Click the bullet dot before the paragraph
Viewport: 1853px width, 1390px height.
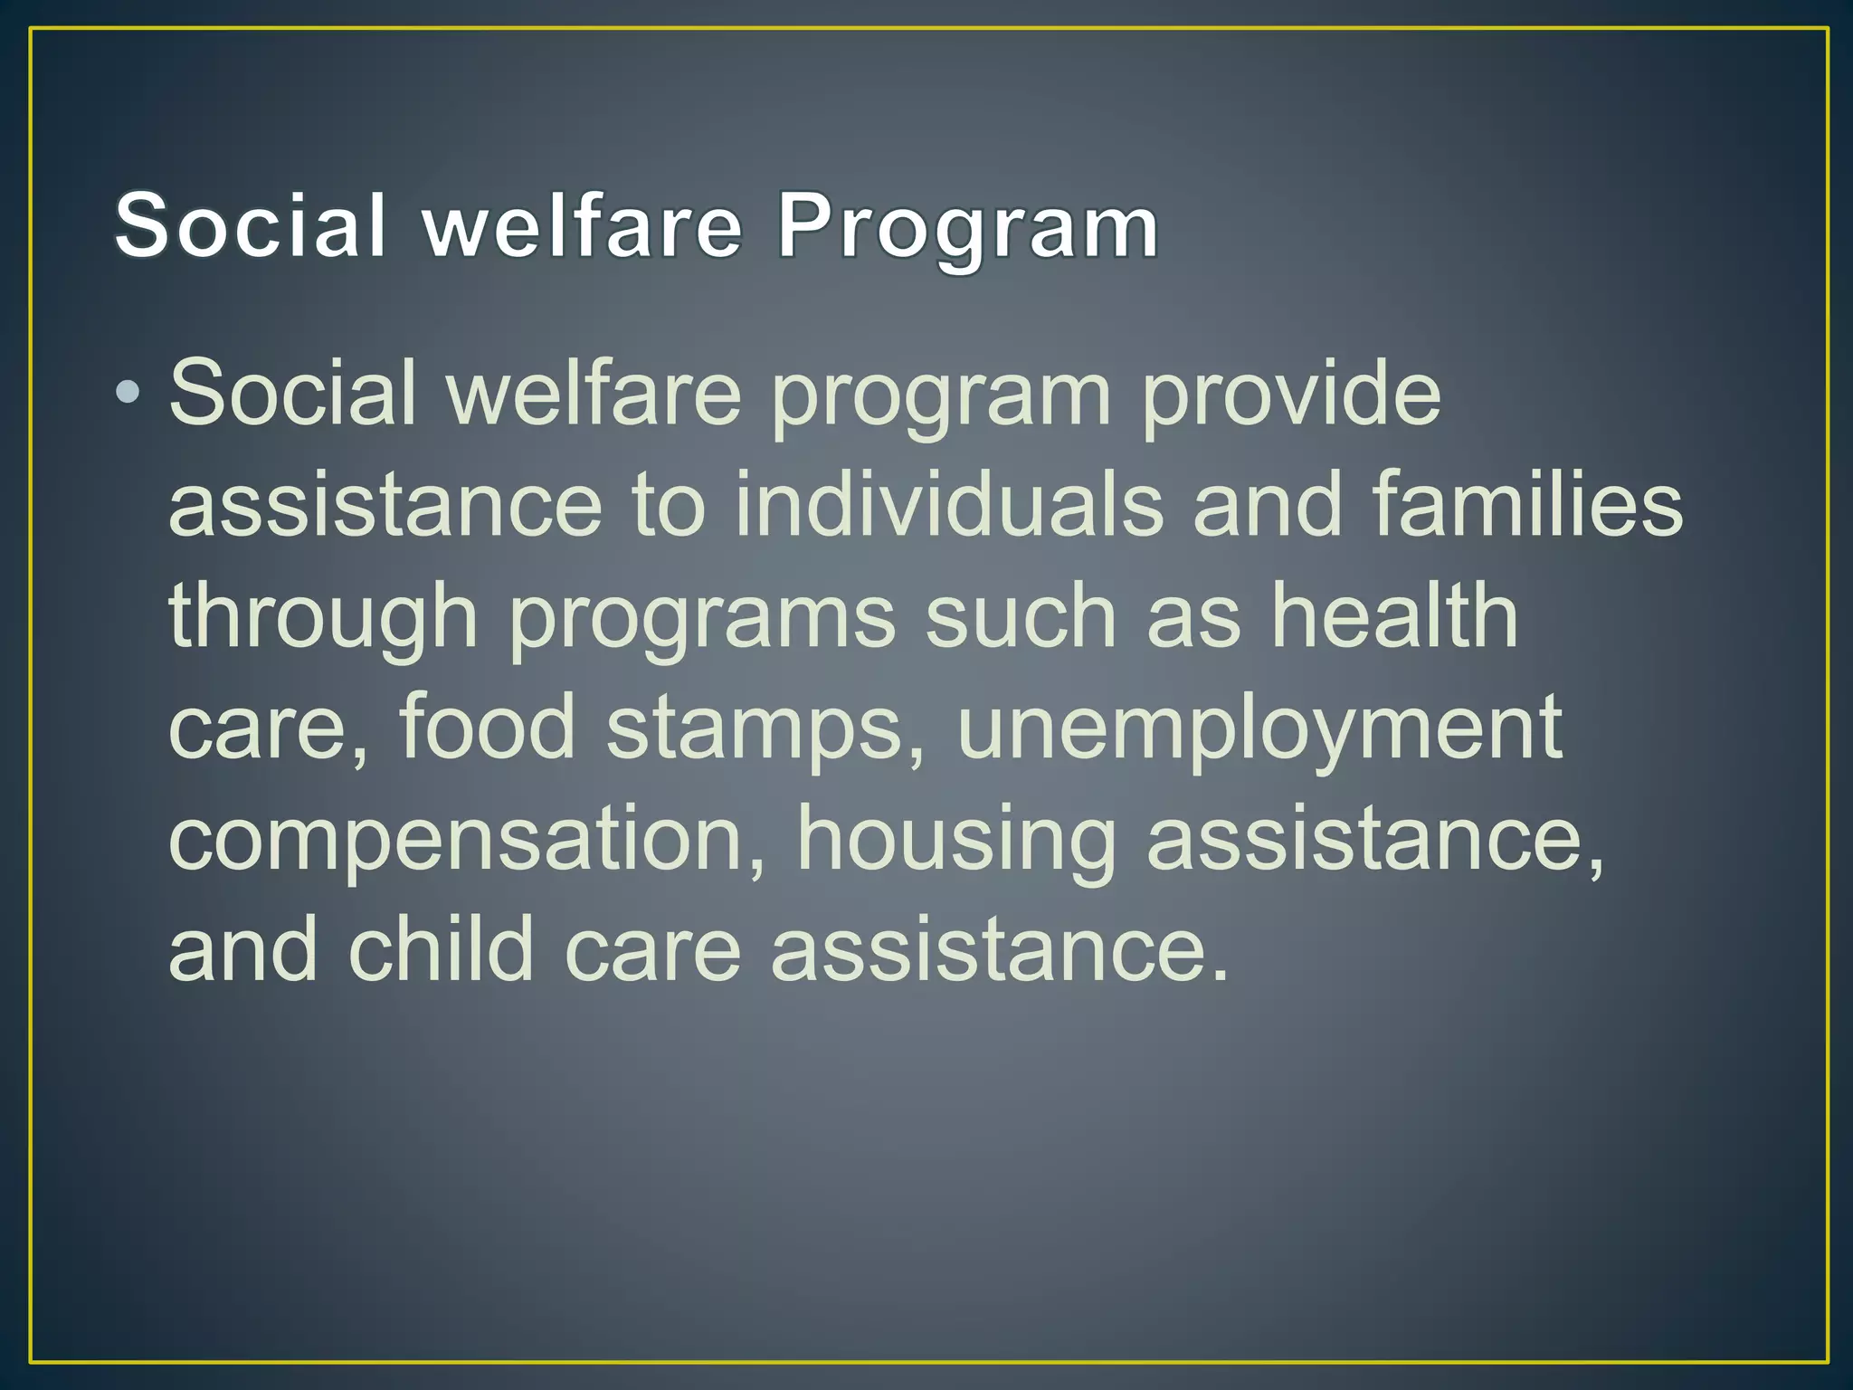tap(128, 393)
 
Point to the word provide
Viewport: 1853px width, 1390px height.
tap(1290, 393)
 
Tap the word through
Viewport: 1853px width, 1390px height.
tap(323, 617)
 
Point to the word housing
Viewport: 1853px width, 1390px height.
tap(955, 841)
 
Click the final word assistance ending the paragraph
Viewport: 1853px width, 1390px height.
tap(999, 950)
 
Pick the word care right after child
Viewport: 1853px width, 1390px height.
tap(652, 950)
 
